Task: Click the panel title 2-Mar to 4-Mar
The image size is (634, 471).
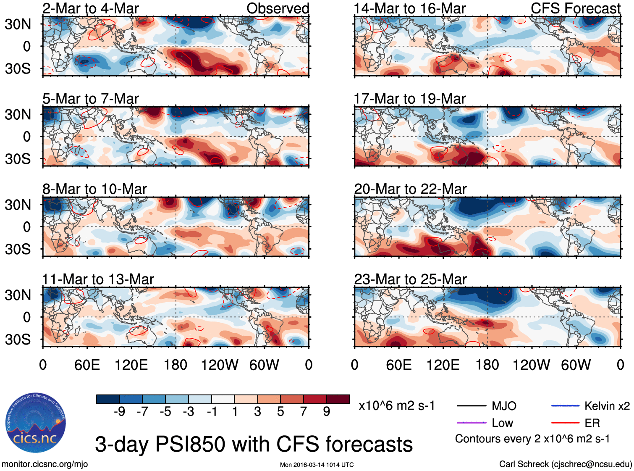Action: (90, 8)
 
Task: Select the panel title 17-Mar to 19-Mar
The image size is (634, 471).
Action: (409, 99)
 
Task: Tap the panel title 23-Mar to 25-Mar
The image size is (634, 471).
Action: (410, 279)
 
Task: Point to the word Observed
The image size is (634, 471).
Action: (278, 8)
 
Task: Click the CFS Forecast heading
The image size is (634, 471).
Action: (575, 8)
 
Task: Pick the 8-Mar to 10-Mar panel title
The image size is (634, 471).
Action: (94, 189)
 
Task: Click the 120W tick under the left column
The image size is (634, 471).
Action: (220, 365)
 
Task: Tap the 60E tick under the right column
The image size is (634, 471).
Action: (398, 365)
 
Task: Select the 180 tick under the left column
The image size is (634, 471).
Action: (176, 365)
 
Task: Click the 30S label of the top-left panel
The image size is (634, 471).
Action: (18, 68)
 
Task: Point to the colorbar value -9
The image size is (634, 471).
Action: (119, 411)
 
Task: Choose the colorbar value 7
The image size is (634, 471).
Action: (304, 411)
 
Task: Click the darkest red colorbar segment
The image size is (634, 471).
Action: (338, 399)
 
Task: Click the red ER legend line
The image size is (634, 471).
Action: (565, 423)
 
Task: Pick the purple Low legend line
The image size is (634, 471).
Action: (472, 423)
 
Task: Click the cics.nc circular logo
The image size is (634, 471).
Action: (35, 423)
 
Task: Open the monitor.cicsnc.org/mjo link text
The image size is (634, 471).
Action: (45, 464)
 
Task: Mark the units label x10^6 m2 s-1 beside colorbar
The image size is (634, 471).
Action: (396, 406)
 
